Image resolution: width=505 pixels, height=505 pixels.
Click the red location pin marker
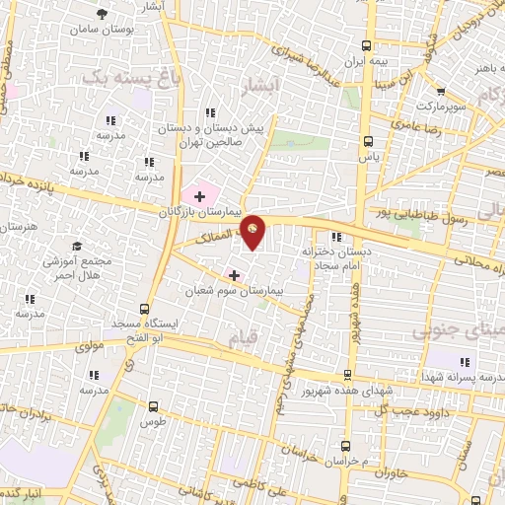coord(253,231)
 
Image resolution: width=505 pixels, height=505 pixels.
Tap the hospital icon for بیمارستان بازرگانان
coord(200,196)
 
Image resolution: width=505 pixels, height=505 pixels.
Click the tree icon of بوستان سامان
coord(103,14)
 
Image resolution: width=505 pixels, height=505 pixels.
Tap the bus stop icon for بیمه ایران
coord(368,45)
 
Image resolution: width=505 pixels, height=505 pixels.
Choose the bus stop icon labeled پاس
coord(369,140)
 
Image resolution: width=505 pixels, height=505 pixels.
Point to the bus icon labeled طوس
coord(152,405)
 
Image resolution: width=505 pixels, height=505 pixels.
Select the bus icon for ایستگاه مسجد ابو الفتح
coord(146,310)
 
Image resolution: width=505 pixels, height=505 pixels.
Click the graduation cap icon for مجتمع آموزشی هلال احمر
coord(75,247)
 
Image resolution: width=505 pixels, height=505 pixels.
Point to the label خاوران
coord(392,472)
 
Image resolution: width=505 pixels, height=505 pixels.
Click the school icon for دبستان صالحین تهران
coord(209,114)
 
